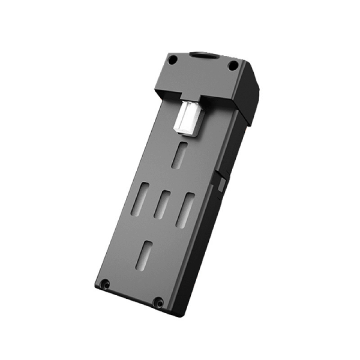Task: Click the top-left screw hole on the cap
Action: tap(172, 59)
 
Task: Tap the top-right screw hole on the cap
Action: tap(233, 66)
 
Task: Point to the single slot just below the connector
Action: tap(180, 154)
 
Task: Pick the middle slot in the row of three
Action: tap(162, 205)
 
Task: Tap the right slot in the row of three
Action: tap(185, 210)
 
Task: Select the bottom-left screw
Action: tap(105, 284)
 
